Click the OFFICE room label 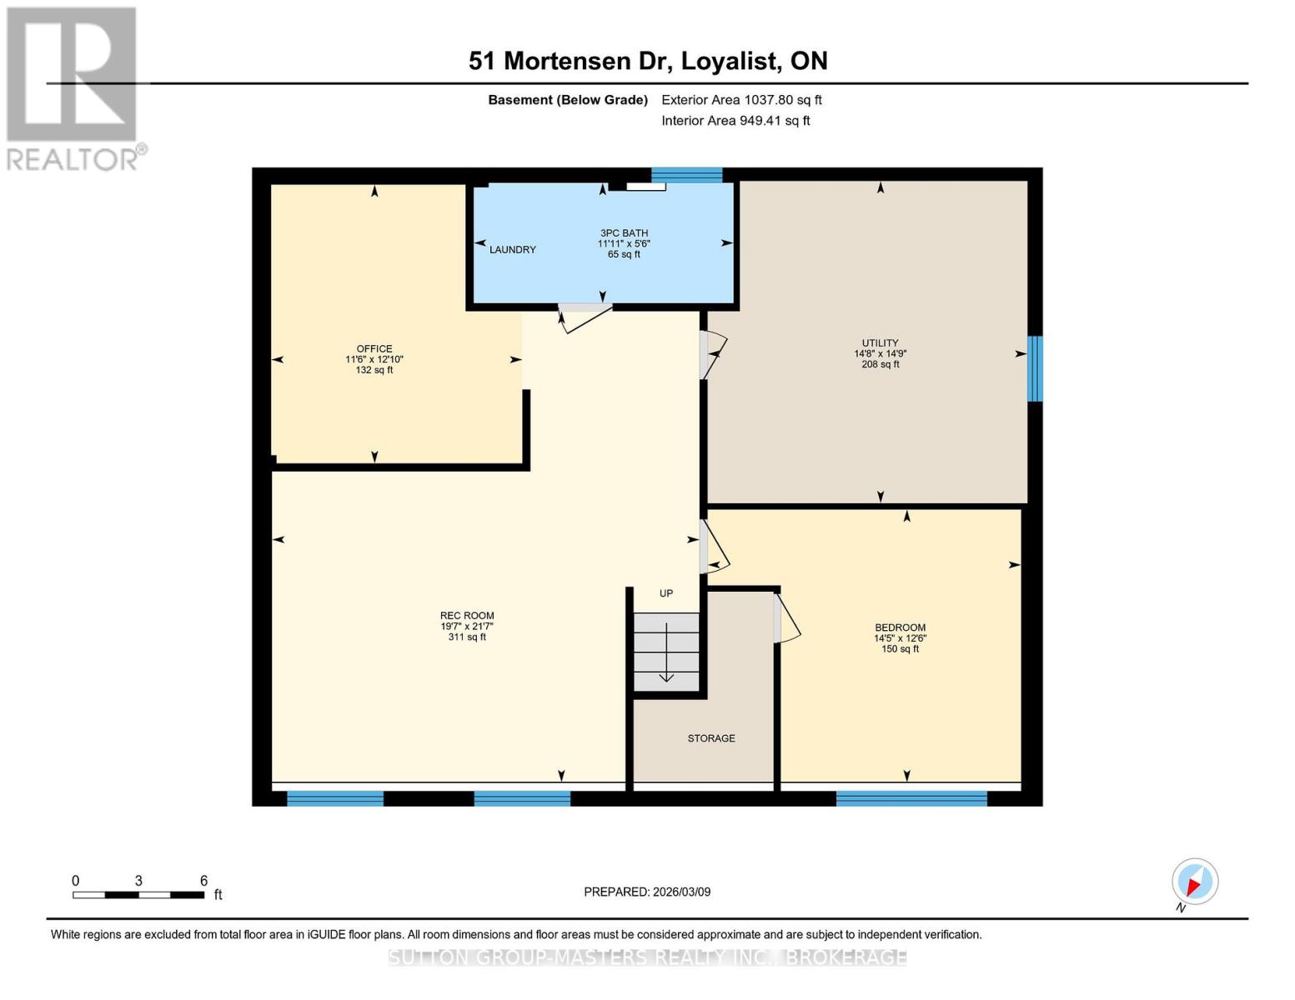374,348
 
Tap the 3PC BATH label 624,232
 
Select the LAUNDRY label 513,249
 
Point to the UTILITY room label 881,342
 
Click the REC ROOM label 467,615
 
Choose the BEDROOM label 900,627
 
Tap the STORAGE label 711,738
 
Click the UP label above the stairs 666,593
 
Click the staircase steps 666,652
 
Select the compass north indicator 1194,882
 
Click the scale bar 139,894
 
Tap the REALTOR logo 72,89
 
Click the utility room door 713,355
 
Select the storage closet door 786,618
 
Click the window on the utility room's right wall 1035,368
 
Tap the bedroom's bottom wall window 911,798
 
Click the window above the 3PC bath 686,175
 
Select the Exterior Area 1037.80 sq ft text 741,100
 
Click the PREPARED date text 647,892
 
